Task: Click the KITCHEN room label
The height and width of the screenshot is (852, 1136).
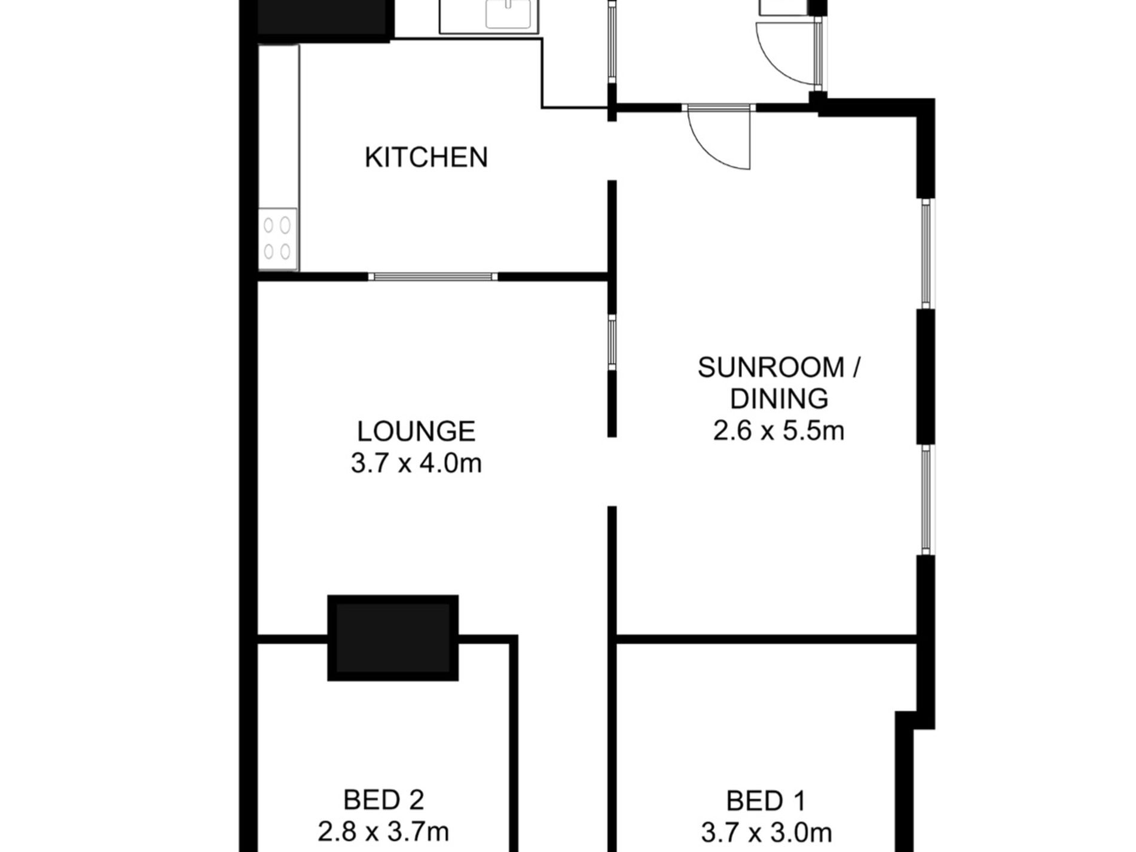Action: (x=426, y=157)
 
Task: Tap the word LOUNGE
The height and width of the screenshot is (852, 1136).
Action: (x=416, y=431)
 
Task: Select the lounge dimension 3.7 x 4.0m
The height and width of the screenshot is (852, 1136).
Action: (x=416, y=463)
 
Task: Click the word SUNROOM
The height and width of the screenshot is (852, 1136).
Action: (x=770, y=367)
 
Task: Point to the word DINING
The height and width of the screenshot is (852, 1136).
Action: (x=779, y=399)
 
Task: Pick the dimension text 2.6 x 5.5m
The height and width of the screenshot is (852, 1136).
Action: (x=778, y=430)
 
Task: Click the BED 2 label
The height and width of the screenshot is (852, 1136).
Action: (x=383, y=800)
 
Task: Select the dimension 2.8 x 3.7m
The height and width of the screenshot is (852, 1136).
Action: (x=383, y=832)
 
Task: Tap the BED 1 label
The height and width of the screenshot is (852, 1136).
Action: (x=766, y=801)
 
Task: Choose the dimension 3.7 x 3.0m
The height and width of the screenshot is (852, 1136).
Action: (x=766, y=832)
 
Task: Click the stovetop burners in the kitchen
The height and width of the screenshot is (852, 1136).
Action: (x=277, y=238)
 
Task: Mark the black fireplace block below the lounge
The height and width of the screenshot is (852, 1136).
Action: (x=393, y=637)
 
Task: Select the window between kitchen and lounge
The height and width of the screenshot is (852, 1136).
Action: (x=432, y=276)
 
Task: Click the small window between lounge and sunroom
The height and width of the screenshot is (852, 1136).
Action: (x=612, y=342)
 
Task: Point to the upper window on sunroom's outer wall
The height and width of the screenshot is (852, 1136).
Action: (x=926, y=253)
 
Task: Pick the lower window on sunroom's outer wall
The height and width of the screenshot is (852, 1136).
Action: (x=926, y=500)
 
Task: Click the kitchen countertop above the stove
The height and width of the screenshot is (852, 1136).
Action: (x=278, y=126)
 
